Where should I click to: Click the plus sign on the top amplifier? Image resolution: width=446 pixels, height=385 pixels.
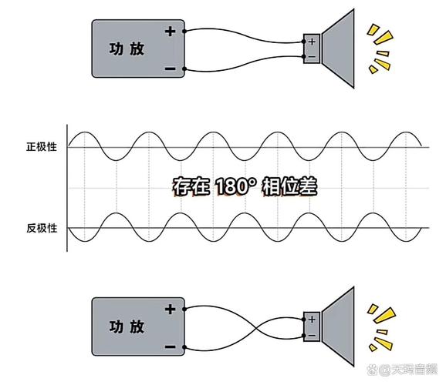pyautogui.click(x=170, y=32)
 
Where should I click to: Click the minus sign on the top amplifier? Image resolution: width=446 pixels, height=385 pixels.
pyautogui.click(x=170, y=69)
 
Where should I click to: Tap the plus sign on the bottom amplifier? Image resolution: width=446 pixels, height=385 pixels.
pyautogui.click(x=170, y=310)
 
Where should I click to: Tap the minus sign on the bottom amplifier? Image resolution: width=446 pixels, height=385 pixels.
pyautogui.click(x=170, y=346)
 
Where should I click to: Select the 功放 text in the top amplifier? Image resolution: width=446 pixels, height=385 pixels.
pyautogui.click(x=127, y=49)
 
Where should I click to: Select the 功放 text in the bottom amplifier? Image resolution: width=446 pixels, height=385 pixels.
pyautogui.click(x=127, y=326)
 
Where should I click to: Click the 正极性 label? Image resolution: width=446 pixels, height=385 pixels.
pyautogui.click(x=42, y=147)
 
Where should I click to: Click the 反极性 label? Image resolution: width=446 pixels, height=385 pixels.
pyautogui.click(x=42, y=228)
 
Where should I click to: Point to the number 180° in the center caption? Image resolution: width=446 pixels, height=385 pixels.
pyautogui.click(x=235, y=186)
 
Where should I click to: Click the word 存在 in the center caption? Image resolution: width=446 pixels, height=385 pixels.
pyautogui.click(x=191, y=186)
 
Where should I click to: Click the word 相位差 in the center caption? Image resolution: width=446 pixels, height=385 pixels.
pyautogui.click(x=289, y=186)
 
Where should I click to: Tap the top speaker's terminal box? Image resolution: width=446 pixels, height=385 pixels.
pyautogui.click(x=312, y=49)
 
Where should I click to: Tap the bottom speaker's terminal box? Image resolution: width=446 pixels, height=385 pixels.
pyautogui.click(x=312, y=326)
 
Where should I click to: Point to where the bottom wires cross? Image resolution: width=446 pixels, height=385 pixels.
pyautogui.click(x=257, y=328)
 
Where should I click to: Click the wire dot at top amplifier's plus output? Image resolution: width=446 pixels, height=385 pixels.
pyautogui.click(x=184, y=32)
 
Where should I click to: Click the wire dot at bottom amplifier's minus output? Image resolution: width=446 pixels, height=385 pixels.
pyautogui.click(x=184, y=347)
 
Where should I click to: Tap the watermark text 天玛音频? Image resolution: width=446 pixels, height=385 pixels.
pyautogui.click(x=414, y=370)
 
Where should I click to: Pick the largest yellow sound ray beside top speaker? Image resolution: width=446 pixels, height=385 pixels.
pyautogui.click(x=384, y=38)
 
